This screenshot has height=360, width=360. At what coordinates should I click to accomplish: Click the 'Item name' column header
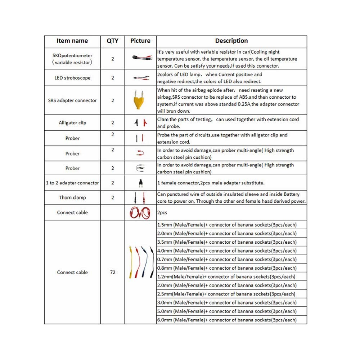pos(72,41)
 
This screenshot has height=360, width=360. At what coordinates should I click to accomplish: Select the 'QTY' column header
pos(112,41)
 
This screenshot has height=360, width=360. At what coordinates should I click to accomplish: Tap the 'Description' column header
pos(231,41)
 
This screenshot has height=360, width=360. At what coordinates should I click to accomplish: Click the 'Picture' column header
pos(140,41)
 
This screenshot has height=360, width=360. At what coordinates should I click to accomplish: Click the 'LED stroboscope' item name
pos(72,78)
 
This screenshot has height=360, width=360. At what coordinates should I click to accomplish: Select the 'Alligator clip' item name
pos(72,123)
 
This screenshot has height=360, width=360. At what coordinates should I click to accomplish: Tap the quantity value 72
pos(112,273)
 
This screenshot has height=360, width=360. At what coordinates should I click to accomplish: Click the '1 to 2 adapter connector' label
pos(72,183)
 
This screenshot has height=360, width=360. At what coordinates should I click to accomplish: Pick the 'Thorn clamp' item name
pos(72,198)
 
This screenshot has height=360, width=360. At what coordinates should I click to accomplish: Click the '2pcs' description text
pos(162,213)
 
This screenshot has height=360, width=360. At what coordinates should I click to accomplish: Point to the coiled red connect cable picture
pos(140,212)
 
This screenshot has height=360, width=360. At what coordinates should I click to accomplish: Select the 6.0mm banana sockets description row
pos(227,320)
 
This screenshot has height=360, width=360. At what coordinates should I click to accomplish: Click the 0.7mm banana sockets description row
pos(227,260)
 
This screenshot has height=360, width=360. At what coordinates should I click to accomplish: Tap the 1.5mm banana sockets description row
pos(227,225)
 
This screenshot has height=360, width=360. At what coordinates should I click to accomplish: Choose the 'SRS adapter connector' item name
pos(72,100)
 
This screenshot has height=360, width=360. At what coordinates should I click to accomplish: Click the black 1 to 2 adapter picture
pos(140,183)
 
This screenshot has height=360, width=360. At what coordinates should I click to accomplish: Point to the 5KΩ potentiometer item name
pos(72,59)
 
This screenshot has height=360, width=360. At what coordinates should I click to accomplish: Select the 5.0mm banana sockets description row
pos(227,311)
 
